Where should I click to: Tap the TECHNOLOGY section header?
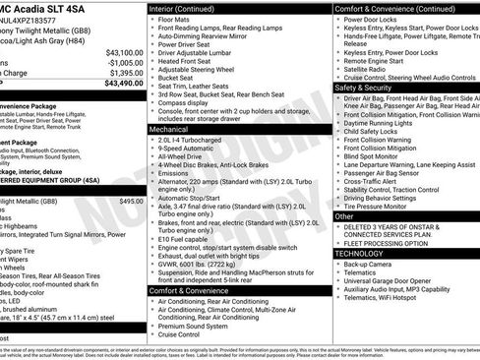tap(360, 254)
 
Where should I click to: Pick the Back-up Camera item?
tap(370, 265)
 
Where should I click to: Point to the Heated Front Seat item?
tap(184, 61)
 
